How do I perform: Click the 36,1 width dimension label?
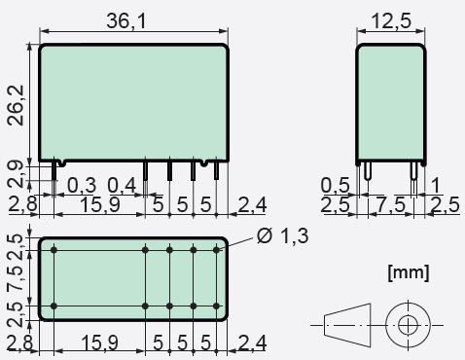coord(126,20)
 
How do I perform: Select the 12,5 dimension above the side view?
coord(391,20)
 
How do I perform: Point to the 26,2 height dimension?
coord(17,105)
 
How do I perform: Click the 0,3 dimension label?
coord(82,185)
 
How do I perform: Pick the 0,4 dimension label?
coord(122,185)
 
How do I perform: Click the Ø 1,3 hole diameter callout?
coord(282,235)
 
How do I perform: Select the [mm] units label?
coord(409,272)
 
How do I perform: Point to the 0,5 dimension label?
coord(335,185)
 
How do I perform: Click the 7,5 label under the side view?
coord(392,205)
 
